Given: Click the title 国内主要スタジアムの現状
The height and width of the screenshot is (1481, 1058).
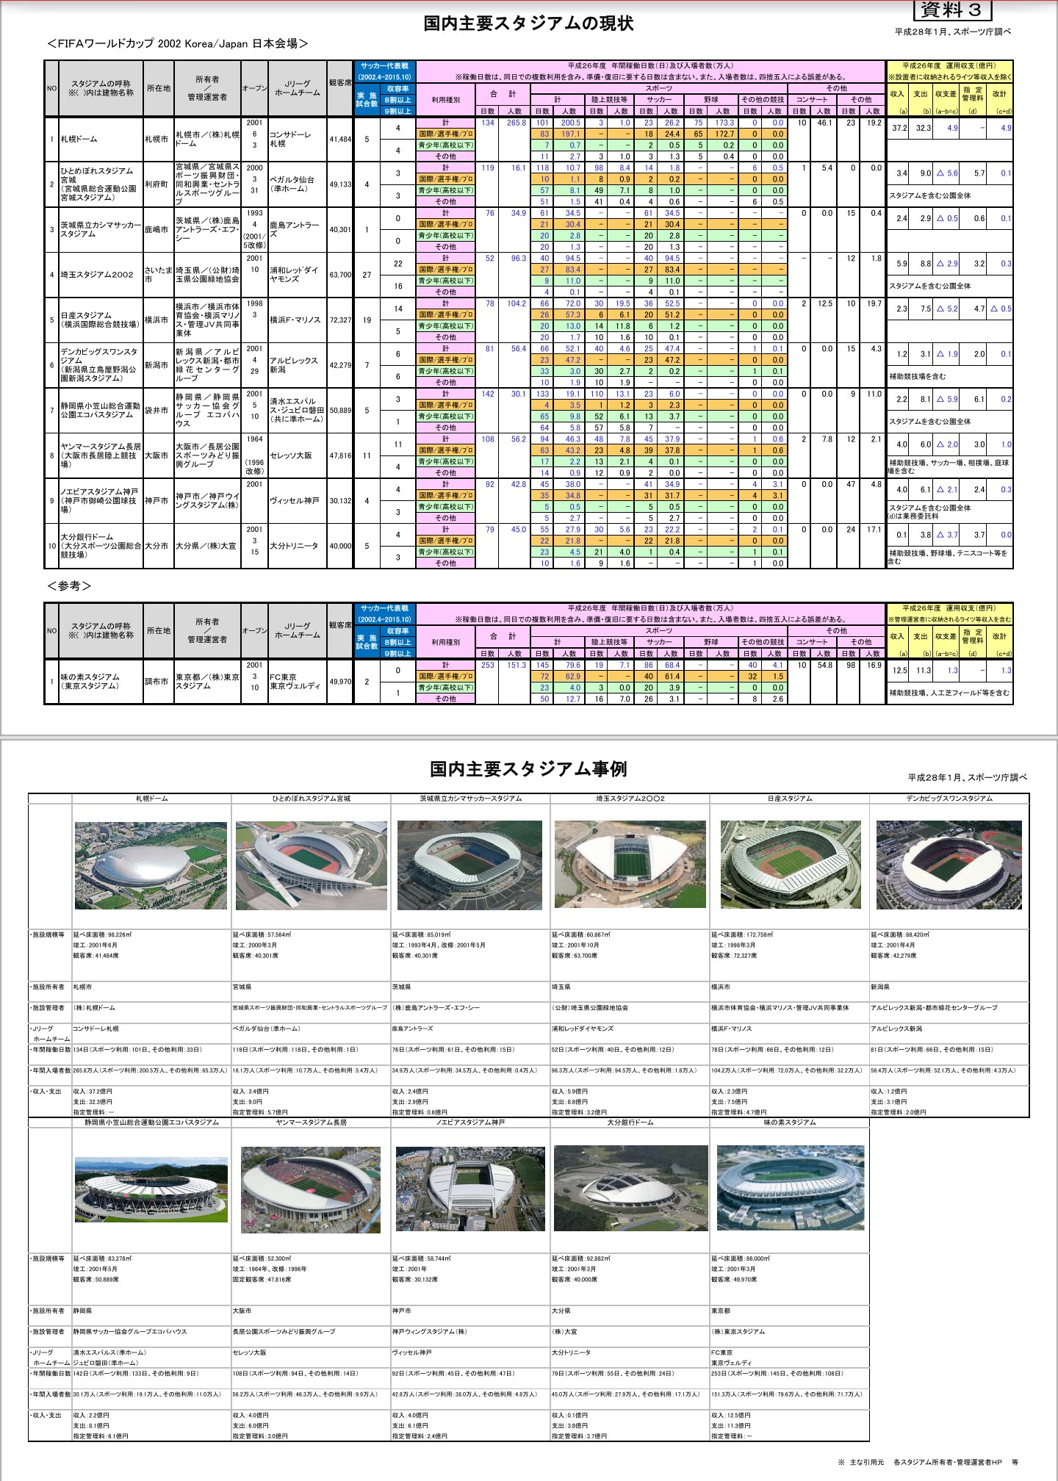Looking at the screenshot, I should [x=528, y=24].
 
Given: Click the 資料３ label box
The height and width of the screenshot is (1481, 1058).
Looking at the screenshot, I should [x=952, y=10].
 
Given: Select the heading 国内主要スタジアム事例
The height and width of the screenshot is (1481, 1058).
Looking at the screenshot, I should [x=528, y=769].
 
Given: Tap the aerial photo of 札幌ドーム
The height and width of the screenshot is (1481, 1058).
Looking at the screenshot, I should [x=151, y=865].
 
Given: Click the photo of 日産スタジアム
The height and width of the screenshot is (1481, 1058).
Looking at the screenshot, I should [x=790, y=865].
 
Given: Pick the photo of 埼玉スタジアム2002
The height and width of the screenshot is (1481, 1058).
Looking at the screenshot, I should [x=630, y=865].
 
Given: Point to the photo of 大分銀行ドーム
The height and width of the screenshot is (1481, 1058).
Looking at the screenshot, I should [x=630, y=1188].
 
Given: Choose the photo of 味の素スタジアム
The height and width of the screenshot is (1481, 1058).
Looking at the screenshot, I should [x=790, y=1188].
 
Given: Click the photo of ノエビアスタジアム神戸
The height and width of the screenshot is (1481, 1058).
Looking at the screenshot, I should [x=469, y=1189].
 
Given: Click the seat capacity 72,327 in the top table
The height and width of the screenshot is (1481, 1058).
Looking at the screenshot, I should [x=340, y=320].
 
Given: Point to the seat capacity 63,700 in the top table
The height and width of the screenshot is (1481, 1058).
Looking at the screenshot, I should [x=340, y=275].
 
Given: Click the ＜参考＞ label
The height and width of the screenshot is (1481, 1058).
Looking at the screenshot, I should [x=69, y=586].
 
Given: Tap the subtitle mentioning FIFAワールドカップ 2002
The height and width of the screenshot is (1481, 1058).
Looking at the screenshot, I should [x=177, y=44].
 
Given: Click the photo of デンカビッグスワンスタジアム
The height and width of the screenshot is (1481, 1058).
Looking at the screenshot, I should [x=949, y=865].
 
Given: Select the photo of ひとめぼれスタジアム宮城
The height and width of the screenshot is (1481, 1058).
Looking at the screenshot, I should [x=311, y=865].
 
